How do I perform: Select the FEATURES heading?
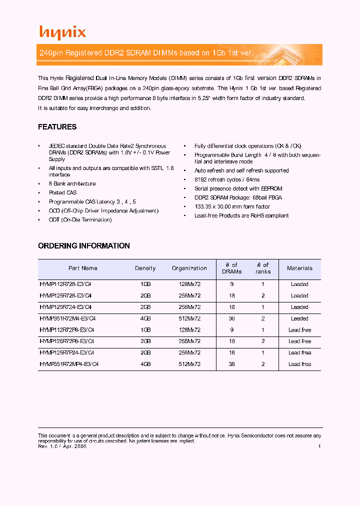pyautogui.click(x=57, y=127)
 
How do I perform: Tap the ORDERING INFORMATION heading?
pyautogui.click(x=83, y=246)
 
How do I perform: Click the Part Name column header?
pyautogui.click(x=82, y=268)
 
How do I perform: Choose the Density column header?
pyautogui.click(x=145, y=268)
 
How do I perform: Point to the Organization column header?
pyautogui.click(x=189, y=268)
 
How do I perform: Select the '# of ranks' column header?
pyautogui.click(x=262, y=268)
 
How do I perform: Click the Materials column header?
pyautogui.click(x=299, y=268)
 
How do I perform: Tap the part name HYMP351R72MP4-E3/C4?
pyautogui.click(x=69, y=364)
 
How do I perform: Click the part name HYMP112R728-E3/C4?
pyautogui.click(x=65, y=284)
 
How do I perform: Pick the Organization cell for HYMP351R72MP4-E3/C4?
pyautogui.click(x=189, y=364)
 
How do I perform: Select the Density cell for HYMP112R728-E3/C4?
pyautogui.click(x=145, y=284)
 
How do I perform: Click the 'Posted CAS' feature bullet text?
pyautogui.click(x=62, y=193)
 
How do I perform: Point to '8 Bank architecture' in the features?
pyautogui.click(x=72, y=184)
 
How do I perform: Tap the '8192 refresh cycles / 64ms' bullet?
pyautogui.click(x=227, y=180)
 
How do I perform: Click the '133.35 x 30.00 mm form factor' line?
pyautogui.click(x=232, y=207)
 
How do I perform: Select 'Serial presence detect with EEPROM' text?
pyautogui.click(x=238, y=189)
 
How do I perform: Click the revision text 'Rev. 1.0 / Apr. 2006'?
pyautogui.click(x=62, y=447)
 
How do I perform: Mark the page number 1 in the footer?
pyautogui.click(x=319, y=447)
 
